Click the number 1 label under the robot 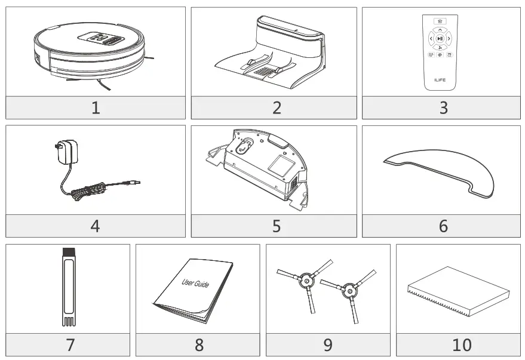click(96, 108)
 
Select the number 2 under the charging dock click(276, 108)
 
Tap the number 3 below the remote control click(443, 108)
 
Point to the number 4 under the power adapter click(96, 226)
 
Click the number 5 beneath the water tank click(276, 226)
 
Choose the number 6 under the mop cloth click(443, 226)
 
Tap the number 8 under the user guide click(199, 344)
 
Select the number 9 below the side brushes click(328, 344)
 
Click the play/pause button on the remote click(440, 39)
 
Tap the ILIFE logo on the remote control click(440, 79)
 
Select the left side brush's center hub click(305, 279)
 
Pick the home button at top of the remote click(440, 21)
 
